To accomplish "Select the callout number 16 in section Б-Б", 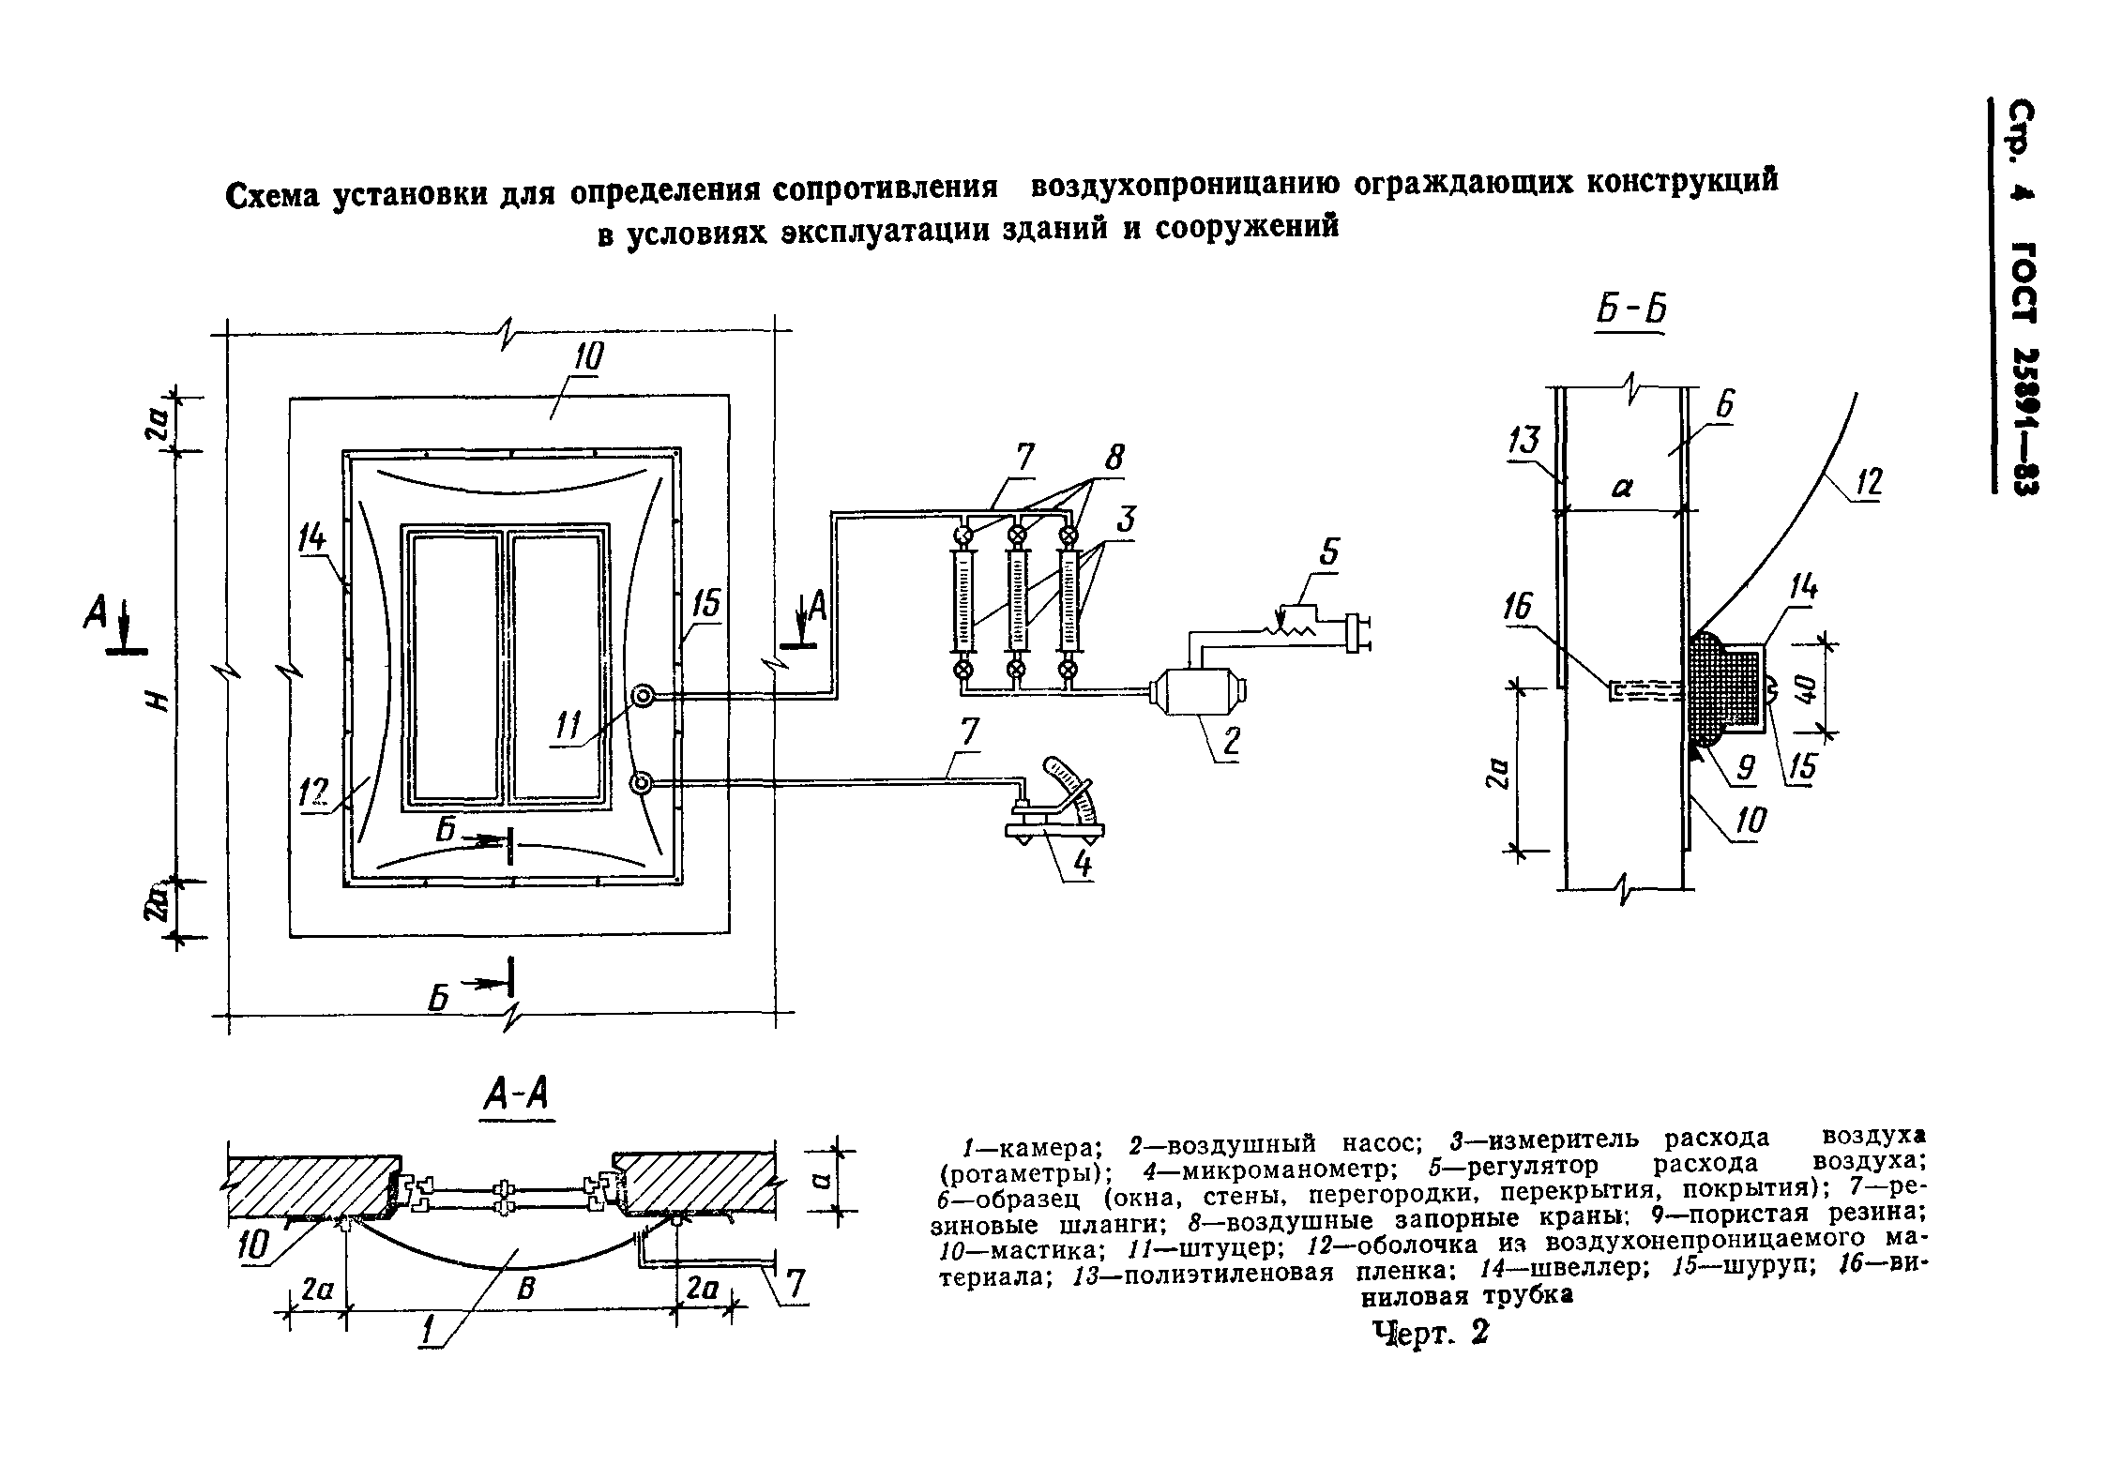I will coord(1519,609).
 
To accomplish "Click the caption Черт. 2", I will coord(1431,1333).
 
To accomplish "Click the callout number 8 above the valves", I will coord(1114,459).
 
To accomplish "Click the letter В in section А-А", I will coord(526,1290).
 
